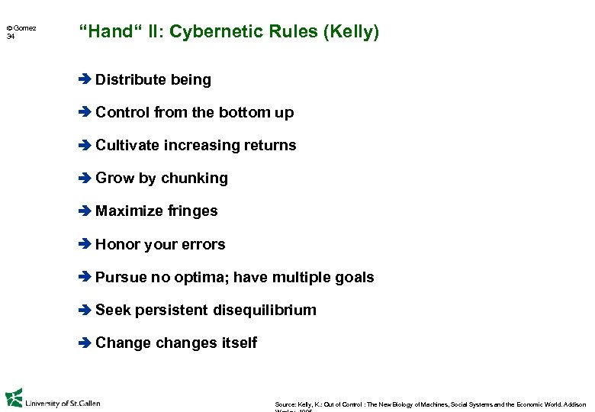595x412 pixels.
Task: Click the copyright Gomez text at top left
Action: (x=21, y=27)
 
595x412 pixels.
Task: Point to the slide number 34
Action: (x=11, y=37)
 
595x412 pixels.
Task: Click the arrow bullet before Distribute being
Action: (x=85, y=79)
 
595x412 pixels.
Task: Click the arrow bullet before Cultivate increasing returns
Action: (x=85, y=145)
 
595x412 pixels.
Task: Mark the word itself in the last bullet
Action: (x=239, y=343)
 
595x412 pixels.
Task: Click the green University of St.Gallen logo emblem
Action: (x=14, y=398)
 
